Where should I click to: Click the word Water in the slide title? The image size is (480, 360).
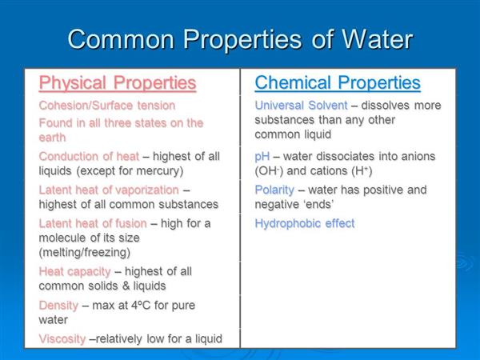click(x=377, y=39)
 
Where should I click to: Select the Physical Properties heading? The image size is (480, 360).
click(x=118, y=82)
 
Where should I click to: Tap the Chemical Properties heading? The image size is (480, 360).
click(x=338, y=82)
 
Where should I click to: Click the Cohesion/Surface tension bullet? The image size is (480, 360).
click(x=107, y=106)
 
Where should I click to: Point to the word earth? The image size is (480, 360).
click(x=52, y=138)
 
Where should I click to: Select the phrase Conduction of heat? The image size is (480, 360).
click(x=89, y=157)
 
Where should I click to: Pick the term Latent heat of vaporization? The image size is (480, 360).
click(x=109, y=190)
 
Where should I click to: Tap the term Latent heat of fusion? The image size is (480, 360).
click(x=93, y=223)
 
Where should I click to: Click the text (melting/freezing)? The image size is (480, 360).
click(x=85, y=253)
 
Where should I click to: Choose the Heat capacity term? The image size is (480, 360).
click(x=74, y=271)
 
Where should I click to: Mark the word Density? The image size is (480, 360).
click(x=58, y=306)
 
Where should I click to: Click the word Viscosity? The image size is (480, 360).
click(x=62, y=339)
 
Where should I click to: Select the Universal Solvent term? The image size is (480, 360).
click(x=302, y=106)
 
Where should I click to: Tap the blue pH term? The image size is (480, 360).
click(x=262, y=157)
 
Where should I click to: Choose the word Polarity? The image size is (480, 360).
click(x=274, y=190)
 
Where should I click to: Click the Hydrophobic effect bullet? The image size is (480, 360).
click(x=305, y=223)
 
